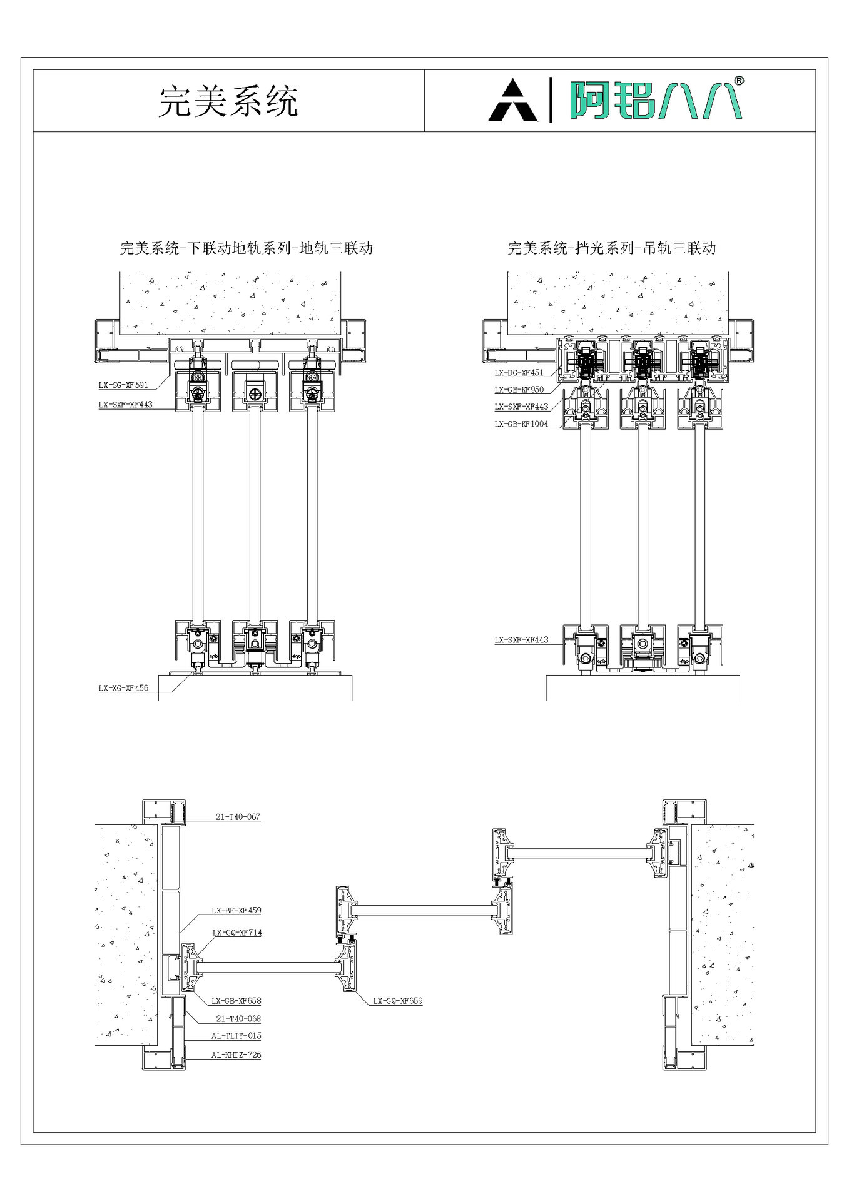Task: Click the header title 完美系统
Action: pos(228,101)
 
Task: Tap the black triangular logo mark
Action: pos(512,101)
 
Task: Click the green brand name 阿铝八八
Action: pos(654,100)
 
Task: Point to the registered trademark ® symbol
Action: pos(738,81)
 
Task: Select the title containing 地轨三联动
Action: pos(246,248)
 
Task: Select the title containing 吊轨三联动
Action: pos(611,248)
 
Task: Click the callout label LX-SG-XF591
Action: pos(123,385)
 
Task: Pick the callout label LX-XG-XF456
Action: pos(123,688)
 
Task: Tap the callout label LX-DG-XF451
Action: pos(519,373)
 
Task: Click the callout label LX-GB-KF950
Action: pos(519,390)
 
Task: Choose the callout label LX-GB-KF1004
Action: pos(521,424)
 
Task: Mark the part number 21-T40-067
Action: pos(238,817)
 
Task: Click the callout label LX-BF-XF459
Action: pos(236,911)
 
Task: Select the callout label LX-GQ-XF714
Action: pos(237,933)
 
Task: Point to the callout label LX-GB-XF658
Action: pos(236,1001)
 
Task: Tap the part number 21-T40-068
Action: pos(238,1019)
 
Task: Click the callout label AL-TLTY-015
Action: pos(236,1036)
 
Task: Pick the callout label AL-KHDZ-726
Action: pos(236,1055)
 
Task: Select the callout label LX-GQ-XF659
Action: pos(398,1001)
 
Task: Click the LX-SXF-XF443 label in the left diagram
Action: pos(125,405)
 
